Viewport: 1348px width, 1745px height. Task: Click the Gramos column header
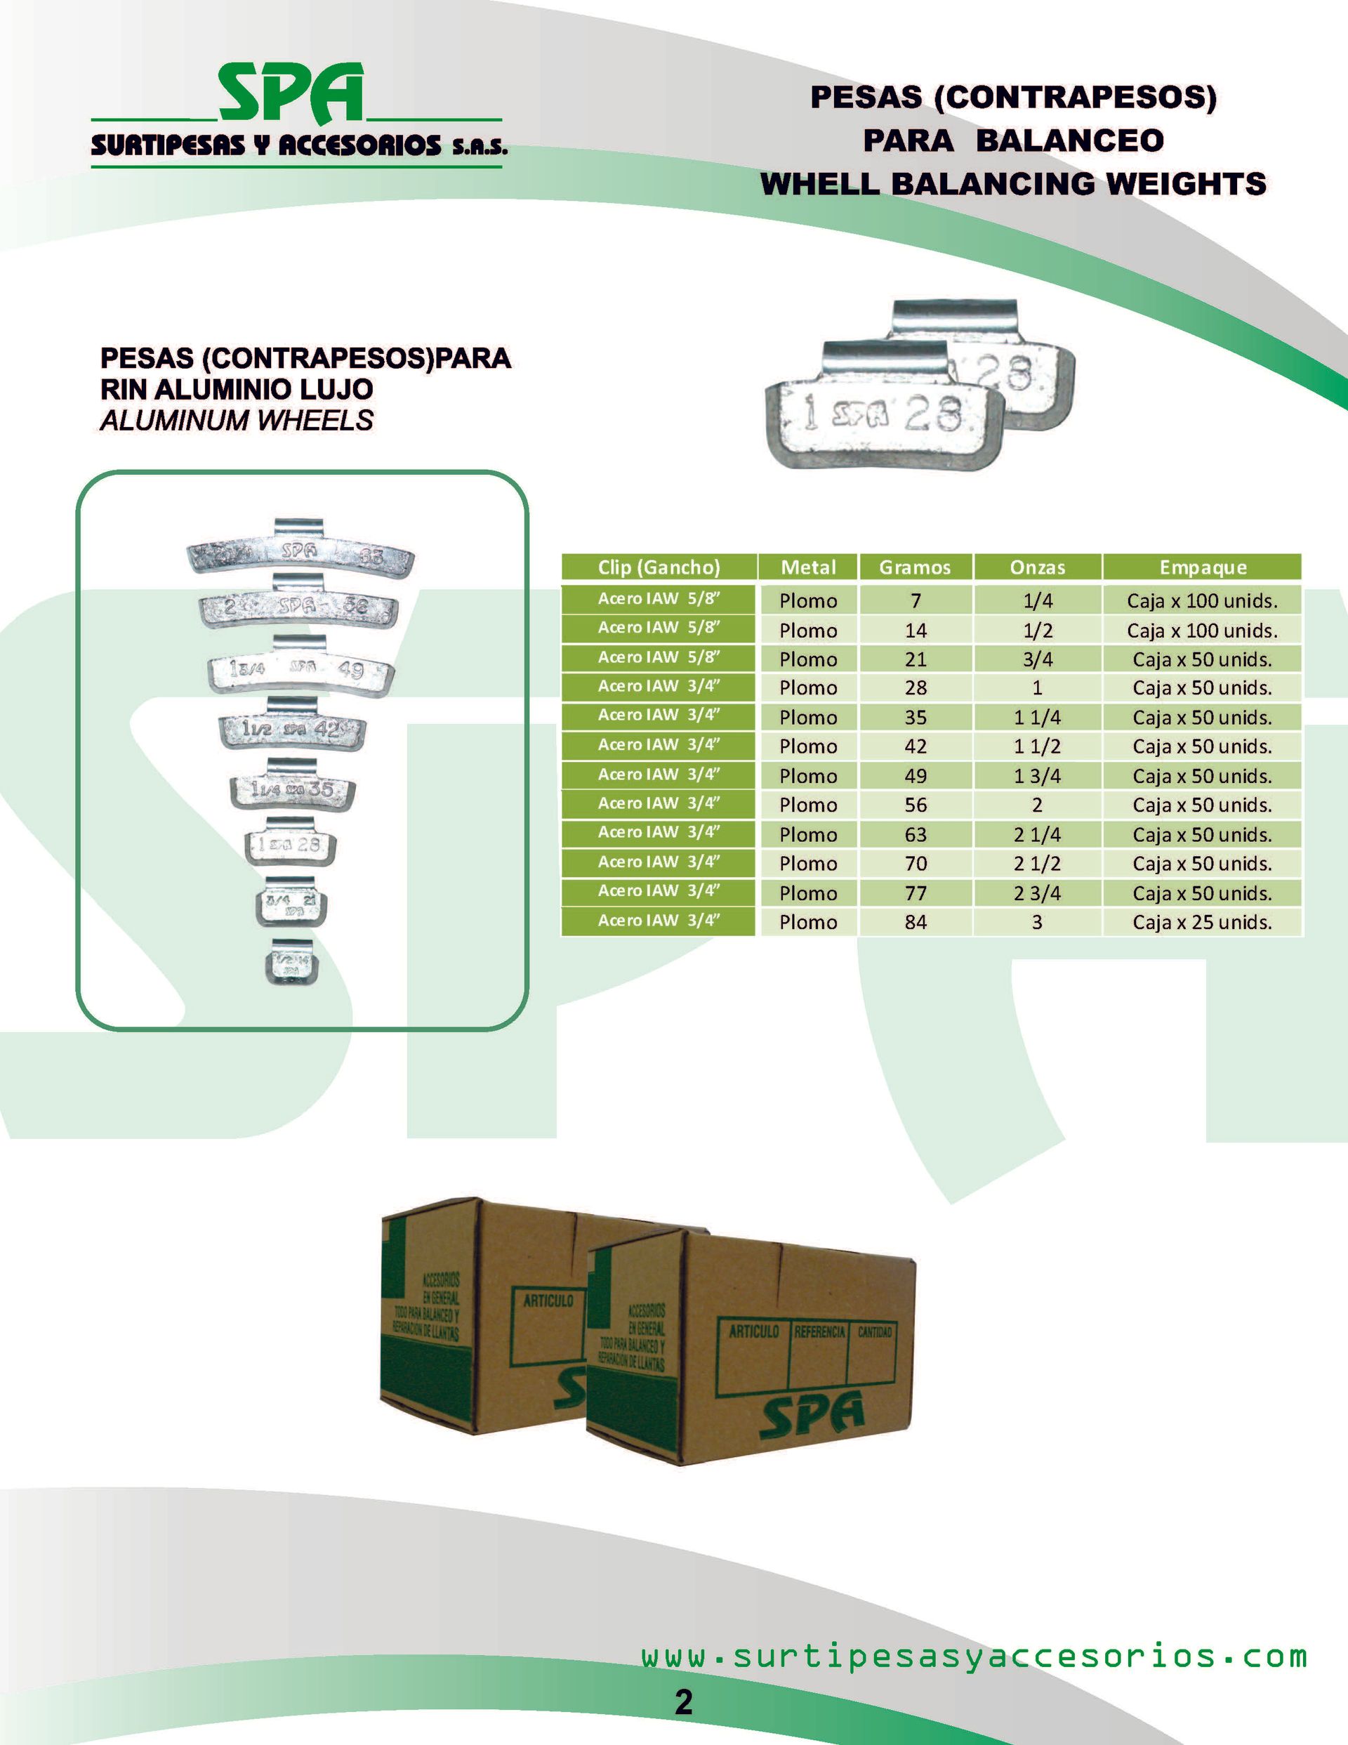[x=914, y=567]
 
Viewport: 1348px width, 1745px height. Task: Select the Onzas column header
[x=1037, y=567]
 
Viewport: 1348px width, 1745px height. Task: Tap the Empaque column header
[x=1202, y=567]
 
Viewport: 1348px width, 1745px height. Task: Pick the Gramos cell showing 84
[x=915, y=922]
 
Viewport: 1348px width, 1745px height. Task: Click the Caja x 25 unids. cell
[x=1202, y=922]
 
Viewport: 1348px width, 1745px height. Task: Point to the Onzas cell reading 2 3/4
[x=1037, y=893]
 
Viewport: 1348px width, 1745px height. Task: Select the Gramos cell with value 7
[x=915, y=601]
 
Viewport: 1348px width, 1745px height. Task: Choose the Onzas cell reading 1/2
[x=1037, y=631]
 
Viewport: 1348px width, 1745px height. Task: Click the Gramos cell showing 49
[x=915, y=776]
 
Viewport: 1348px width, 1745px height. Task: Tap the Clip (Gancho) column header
[x=659, y=567]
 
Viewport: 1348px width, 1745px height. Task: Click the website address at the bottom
[x=973, y=1657]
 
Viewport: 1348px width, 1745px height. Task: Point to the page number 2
[x=683, y=1703]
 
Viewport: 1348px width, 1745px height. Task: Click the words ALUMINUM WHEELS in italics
[x=237, y=420]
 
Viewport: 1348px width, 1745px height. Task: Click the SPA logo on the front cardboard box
[x=811, y=1414]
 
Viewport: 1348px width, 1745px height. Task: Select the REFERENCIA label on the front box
[x=819, y=1332]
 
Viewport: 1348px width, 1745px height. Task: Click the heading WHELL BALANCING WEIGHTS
[x=1012, y=184]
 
